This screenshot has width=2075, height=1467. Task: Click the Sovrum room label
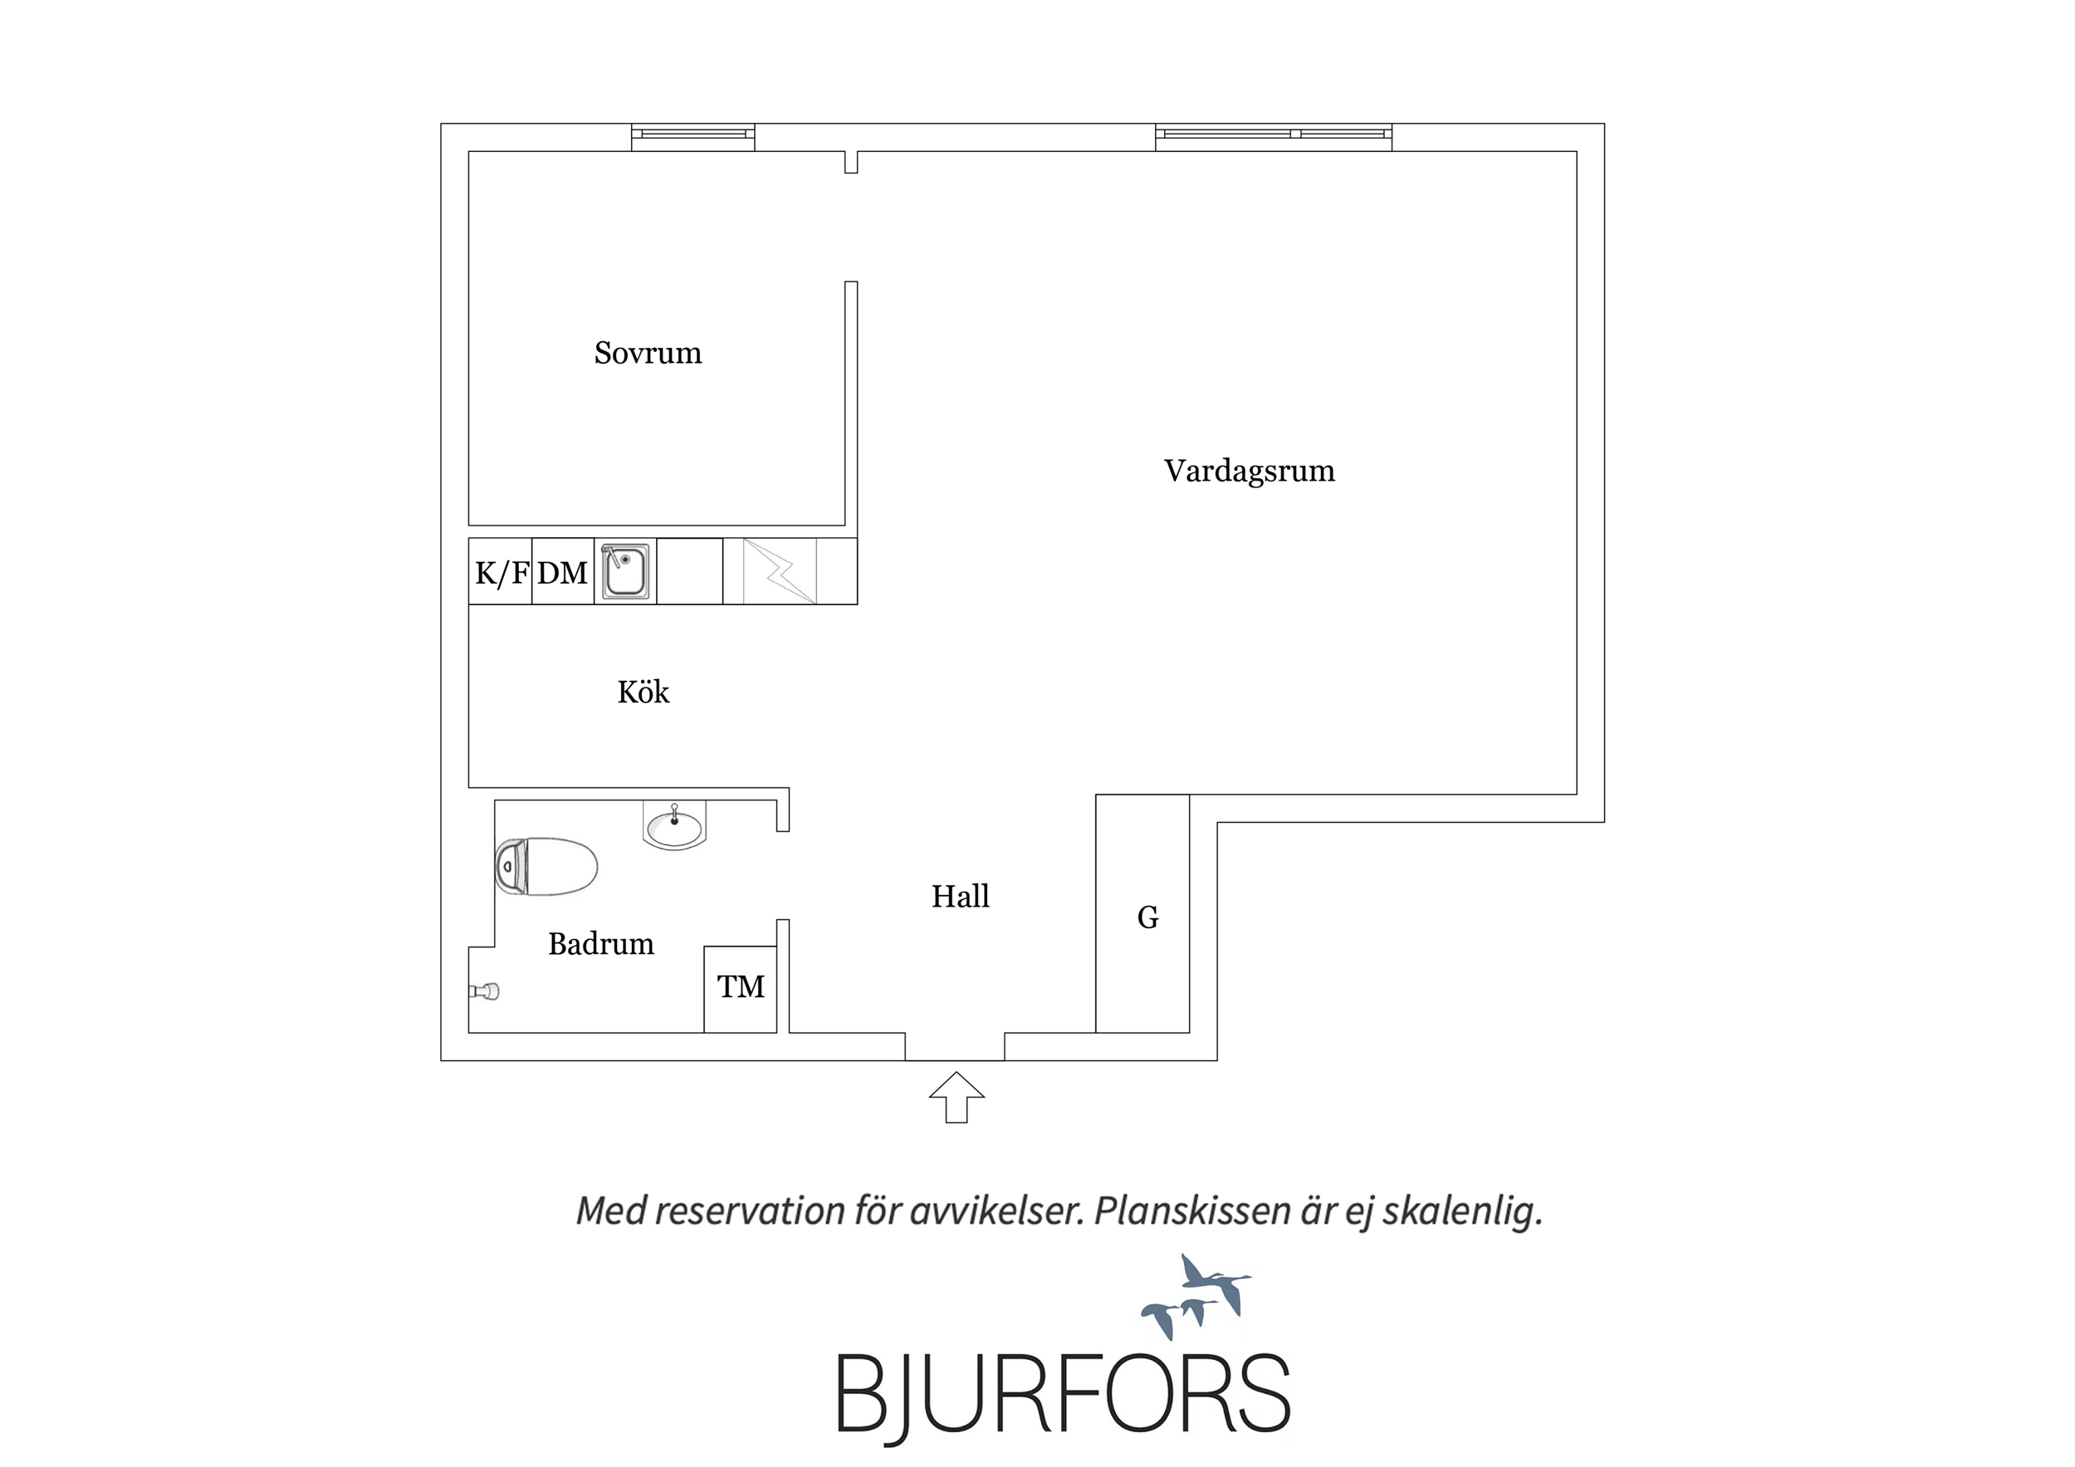click(x=647, y=353)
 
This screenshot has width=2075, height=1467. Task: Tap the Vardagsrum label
click(x=1249, y=471)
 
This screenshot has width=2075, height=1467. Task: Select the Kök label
click(x=644, y=692)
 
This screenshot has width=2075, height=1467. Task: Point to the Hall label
click(x=960, y=896)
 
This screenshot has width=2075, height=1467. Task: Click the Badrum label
click(x=601, y=944)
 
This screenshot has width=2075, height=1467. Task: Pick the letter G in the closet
click(x=1148, y=917)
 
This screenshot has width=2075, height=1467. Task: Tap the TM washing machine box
click(x=740, y=989)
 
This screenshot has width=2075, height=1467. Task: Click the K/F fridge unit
click(x=500, y=571)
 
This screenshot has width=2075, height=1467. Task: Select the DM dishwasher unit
click(x=563, y=571)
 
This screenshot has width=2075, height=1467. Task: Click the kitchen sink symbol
click(x=625, y=571)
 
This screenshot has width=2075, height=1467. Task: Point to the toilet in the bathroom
click(x=546, y=866)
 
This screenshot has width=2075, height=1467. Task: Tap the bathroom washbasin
click(x=674, y=826)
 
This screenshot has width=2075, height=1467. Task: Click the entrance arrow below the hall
click(x=957, y=1098)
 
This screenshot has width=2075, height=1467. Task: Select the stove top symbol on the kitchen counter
click(x=779, y=571)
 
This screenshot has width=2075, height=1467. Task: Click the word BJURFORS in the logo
click(x=1063, y=1393)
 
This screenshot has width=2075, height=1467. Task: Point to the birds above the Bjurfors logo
click(x=1196, y=1298)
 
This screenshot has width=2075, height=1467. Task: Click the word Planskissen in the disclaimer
click(x=1193, y=1211)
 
